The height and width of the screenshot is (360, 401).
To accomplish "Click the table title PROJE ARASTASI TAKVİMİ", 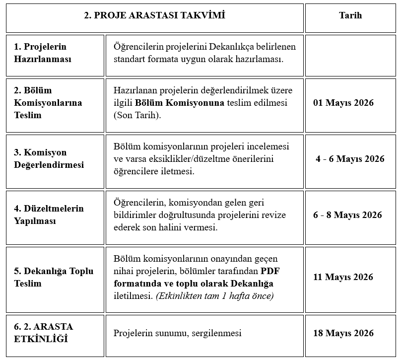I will [154, 15].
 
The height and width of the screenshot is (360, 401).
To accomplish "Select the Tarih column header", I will [350, 15].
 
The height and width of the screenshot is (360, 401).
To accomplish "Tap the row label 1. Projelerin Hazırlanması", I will [43, 53].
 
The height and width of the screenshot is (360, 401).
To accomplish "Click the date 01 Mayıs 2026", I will [343, 103].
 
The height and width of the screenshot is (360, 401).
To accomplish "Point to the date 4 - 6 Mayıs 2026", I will [350, 159].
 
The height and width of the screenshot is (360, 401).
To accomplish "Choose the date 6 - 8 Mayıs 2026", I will [347, 215].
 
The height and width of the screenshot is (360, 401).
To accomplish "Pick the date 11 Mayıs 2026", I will [343, 277].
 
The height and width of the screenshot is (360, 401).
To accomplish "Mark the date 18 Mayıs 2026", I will [343, 333].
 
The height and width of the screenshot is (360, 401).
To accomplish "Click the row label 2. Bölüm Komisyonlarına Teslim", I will [48, 103].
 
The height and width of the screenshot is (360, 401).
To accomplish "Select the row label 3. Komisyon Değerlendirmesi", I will [49, 158].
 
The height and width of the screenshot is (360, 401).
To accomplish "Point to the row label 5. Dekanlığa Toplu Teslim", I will [54, 277].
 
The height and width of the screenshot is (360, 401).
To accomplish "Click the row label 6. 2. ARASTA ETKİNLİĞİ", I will [44, 333].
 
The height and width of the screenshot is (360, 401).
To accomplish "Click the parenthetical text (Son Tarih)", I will [137, 115].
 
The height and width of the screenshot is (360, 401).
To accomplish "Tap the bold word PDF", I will [270, 271].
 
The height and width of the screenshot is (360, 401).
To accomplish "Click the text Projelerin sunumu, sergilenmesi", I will [177, 333].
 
